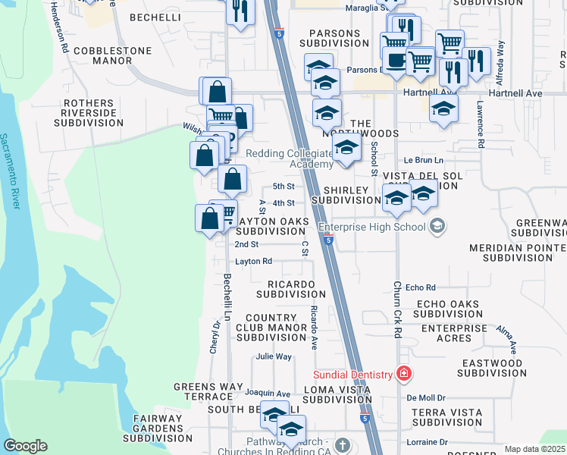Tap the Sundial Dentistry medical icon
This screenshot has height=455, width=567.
point(404,374)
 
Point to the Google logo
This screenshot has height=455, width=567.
point(25,446)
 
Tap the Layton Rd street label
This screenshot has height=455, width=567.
point(253,261)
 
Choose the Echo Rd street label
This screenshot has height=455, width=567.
point(421,287)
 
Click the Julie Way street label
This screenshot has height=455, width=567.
point(274,356)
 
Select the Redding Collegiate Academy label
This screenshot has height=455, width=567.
point(290,158)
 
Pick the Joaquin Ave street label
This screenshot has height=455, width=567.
point(268,394)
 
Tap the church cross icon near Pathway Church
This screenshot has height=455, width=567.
point(342,444)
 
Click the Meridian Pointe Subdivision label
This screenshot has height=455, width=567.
point(517,253)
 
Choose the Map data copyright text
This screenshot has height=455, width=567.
point(534,449)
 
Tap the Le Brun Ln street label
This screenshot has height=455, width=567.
point(423,160)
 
